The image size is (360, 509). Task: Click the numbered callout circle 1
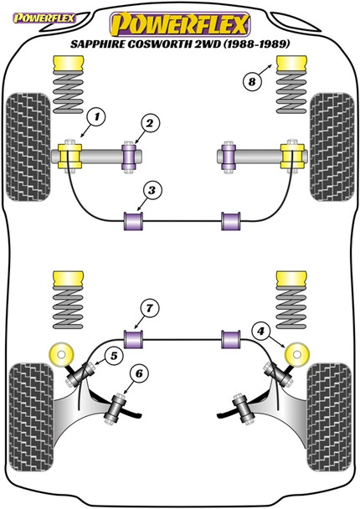tap(96, 118)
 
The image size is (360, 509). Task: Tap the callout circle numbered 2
tap(150, 123)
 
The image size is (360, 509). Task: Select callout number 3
tap(152, 190)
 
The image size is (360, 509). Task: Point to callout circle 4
tap(261, 332)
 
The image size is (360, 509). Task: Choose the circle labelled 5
tap(114, 356)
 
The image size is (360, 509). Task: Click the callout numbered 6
tap(139, 374)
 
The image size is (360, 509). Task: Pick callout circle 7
tap(149, 308)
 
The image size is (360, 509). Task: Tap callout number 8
tap(252, 81)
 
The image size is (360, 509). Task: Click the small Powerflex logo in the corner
tap(44, 18)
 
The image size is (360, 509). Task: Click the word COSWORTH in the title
tap(158, 44)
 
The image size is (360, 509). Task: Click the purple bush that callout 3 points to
tap(134, 221)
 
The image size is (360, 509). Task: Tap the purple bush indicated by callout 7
tap(134, 339)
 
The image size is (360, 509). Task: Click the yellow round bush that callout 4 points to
tap(297, 354)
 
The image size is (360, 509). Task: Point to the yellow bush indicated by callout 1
tap(69, 157)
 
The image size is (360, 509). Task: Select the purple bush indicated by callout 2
tap(129, 157)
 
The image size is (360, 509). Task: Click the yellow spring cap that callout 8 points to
tap(291, 64)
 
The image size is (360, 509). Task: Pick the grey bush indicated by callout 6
tap(116, 407)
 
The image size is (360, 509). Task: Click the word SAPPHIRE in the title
tap(96, 44)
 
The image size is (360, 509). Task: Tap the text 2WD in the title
tap(207, 44)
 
